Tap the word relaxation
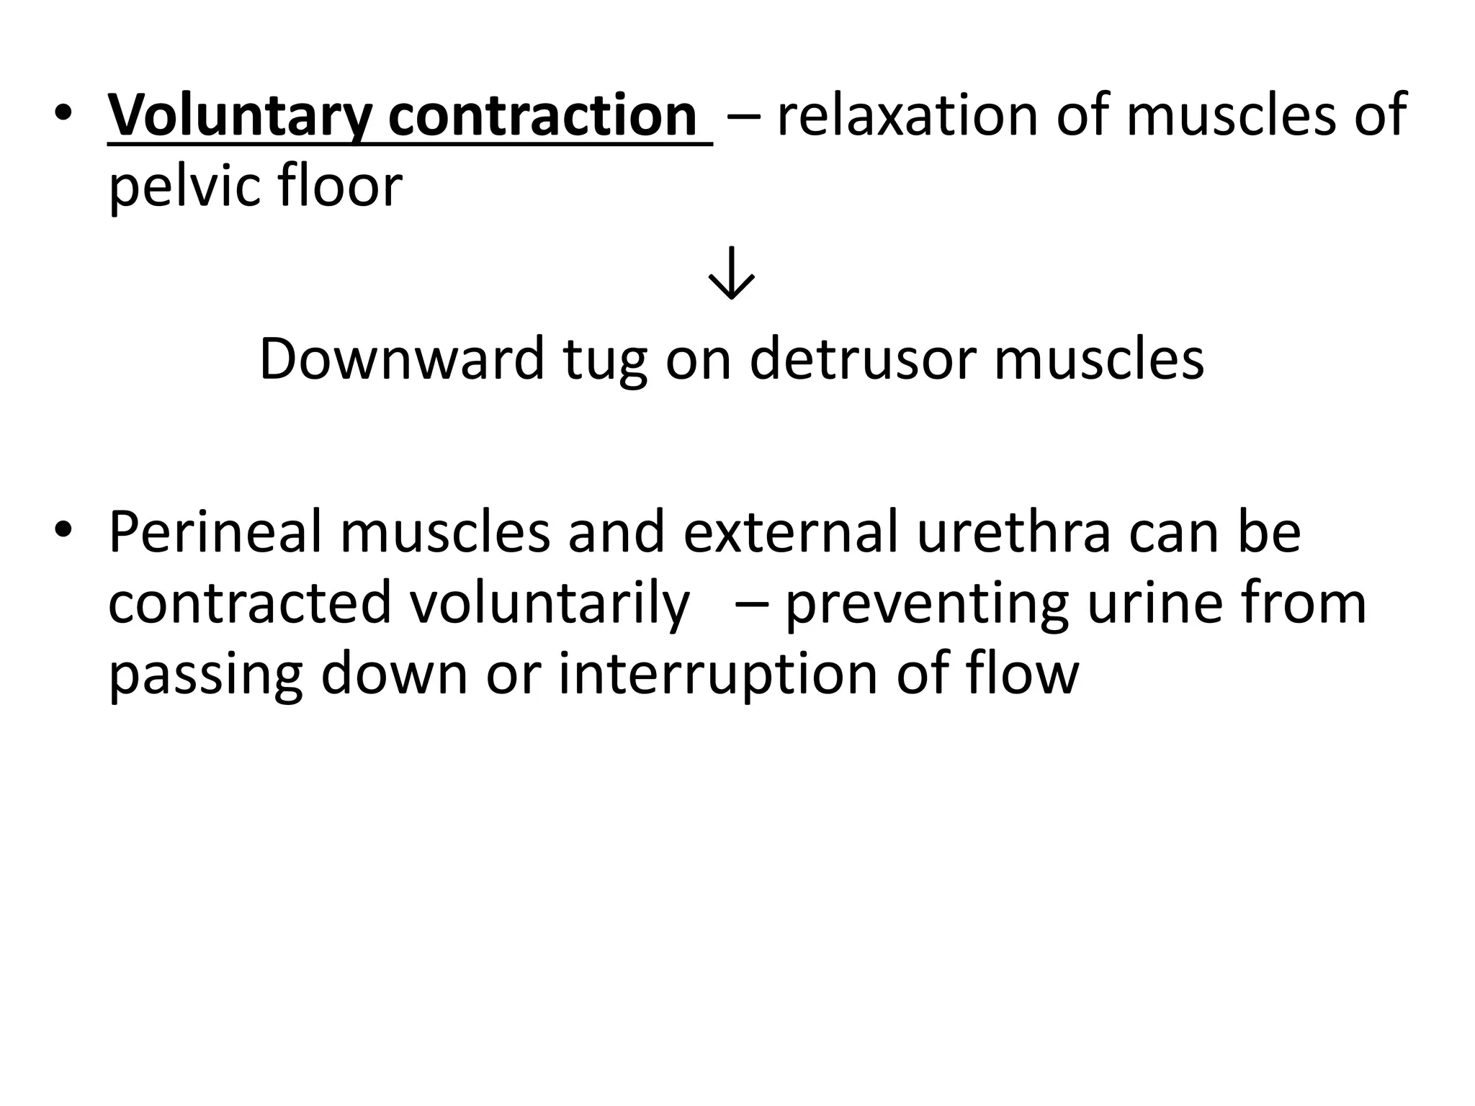pyautogui.click(x=908, y=115)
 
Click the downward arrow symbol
pyautogui.click(x=731, y=274)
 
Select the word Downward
pyautogui.click(x=401, y=359)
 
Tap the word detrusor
pyautogui.click(x=864, y=359)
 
